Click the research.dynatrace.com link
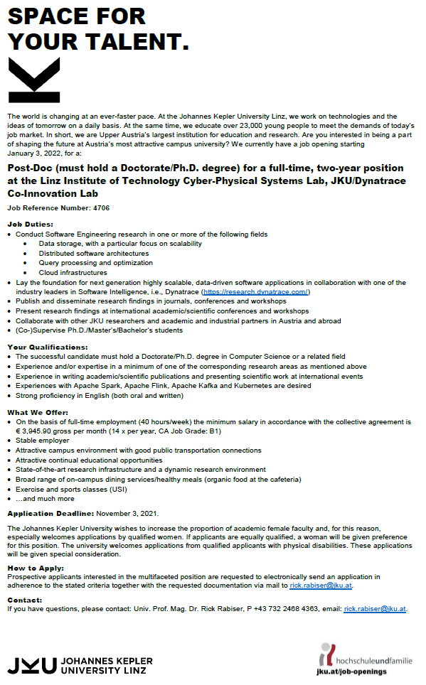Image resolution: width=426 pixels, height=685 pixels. (x=255, y=292)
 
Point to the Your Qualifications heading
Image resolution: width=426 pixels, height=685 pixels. (x=47, y=347)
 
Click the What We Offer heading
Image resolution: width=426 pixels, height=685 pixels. (x=38, y=412)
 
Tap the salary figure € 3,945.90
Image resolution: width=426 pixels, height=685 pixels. (x=36, y=431)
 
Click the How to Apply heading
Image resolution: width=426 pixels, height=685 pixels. (x=35, y=568)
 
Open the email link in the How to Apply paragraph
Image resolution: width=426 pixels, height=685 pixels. (x=321, y=585)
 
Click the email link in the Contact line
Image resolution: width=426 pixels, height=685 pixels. (x=375, y=609)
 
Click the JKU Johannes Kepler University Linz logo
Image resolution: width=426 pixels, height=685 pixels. (x=78, y=665)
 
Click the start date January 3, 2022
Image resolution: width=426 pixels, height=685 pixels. (x=35, y=153)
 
